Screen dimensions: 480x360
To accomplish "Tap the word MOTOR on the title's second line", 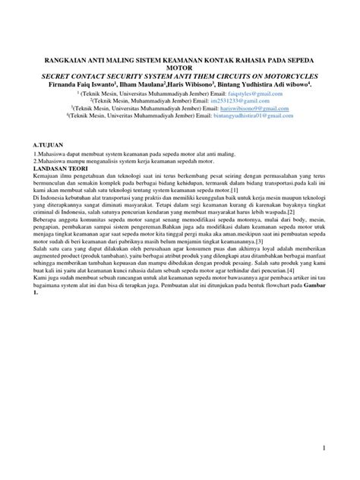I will pyautogui.click(x=180, y=68).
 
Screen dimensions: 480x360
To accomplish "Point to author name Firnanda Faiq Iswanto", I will pyautogui.click(x=83, y=85).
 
